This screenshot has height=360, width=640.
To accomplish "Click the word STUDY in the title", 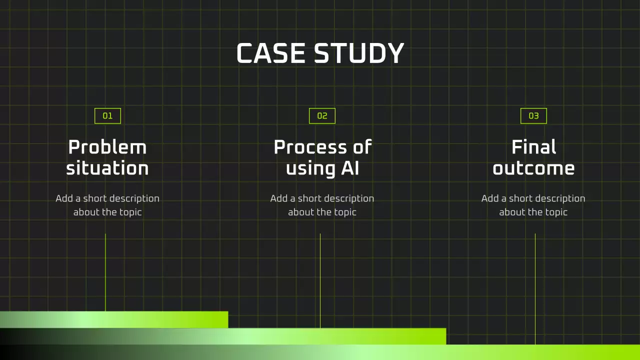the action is (359, 53).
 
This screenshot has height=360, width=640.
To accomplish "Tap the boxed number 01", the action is (107, 115).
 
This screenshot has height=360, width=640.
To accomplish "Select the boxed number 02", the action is (322, 115).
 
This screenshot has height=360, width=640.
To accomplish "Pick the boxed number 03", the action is (533, 115).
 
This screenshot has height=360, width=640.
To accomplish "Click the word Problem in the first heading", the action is (107, 147).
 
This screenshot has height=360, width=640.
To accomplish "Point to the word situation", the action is (107, 168).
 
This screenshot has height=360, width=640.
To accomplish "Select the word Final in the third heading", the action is (533, 147).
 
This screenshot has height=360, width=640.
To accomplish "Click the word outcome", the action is (533, 168).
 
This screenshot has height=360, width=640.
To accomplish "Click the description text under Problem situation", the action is (107, 205).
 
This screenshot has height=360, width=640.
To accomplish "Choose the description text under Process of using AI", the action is (322, 205).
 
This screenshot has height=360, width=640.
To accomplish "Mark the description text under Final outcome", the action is (533, 205).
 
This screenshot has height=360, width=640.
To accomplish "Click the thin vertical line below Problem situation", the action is (105, 272).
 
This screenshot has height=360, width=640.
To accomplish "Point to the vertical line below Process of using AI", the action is (320, 281).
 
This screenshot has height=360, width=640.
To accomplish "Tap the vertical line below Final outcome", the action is (535, 289).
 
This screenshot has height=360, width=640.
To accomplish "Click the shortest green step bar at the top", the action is (114, 319).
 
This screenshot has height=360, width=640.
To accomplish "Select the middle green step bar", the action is (223, 336).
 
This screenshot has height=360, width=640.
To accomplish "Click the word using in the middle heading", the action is (310, 169).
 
